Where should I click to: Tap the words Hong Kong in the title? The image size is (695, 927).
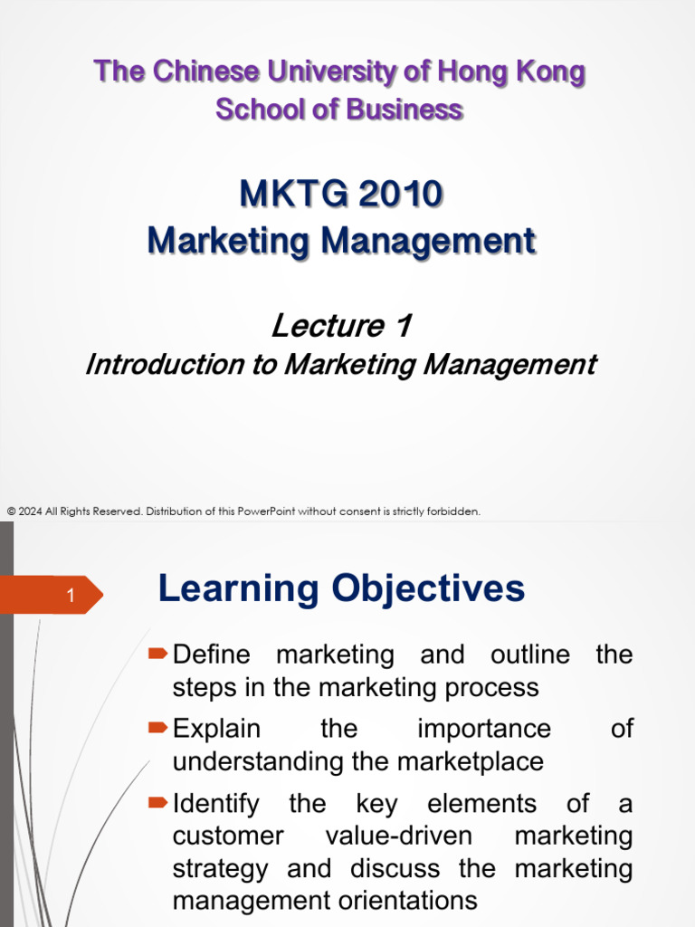(x=510, y=72)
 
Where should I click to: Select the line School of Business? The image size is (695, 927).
(x=339, y=110)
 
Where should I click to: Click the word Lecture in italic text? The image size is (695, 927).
(x=328, y=325)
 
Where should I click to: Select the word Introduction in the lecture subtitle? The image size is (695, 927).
(x=165, y=364)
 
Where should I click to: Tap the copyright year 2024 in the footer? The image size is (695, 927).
(x=30, y=511)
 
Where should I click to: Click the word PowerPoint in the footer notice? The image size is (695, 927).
(x=266, y=511)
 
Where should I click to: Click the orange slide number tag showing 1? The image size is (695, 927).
(x=52, y=595)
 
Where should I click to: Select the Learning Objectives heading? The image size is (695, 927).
(x=341, y=588)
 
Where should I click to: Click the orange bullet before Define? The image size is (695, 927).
(x=157, y=654)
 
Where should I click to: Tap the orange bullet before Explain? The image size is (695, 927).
(x=157, y=727)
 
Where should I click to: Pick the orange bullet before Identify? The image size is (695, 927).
(x=157, y=802)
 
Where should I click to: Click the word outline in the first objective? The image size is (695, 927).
(x=530, y=655)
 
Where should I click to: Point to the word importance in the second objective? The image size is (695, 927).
(x=484, y=729)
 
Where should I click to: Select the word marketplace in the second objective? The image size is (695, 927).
(x=471, y=761)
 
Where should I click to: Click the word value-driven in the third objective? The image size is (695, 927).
(x=399, y=836)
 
